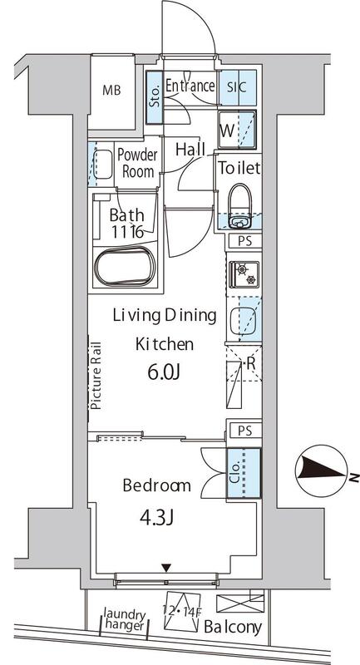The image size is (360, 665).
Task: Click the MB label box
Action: pos(111,91)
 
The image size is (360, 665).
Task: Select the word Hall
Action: pos(191,150)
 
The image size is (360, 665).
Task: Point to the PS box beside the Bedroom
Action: pos(244,431)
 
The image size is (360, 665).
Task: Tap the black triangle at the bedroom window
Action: pos(167,568)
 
